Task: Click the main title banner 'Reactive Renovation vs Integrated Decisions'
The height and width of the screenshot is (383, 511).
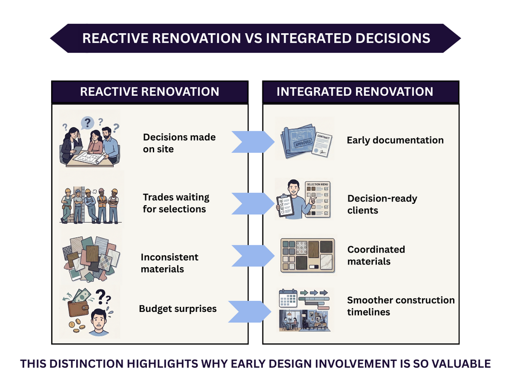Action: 255,38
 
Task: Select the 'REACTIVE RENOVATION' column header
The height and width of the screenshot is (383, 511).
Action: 150,92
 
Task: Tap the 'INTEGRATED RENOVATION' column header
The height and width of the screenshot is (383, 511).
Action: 355,92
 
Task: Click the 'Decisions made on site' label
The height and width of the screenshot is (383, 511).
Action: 179,143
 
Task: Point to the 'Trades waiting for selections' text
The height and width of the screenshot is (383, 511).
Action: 176,203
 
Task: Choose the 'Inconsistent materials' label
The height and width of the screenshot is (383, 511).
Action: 169,263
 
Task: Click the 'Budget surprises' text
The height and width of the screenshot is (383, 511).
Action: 177,309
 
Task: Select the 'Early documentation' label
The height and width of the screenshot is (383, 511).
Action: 395,140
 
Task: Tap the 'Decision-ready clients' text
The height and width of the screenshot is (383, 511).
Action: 382,204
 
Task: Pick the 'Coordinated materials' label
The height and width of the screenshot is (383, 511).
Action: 376,255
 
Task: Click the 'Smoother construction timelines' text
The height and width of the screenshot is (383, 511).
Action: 401,306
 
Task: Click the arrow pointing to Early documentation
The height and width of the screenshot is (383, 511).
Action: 253,142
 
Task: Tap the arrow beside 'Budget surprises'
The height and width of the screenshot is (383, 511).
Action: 250,311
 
